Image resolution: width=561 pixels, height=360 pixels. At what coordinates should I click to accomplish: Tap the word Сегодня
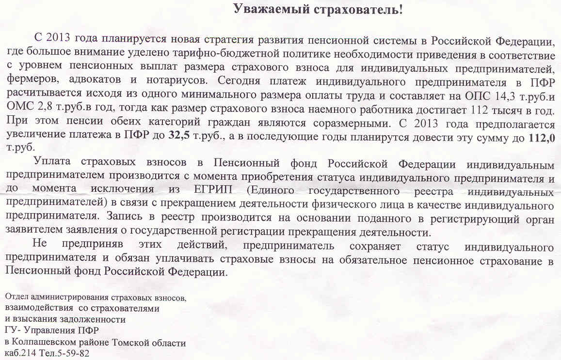[x=240, y=78]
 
